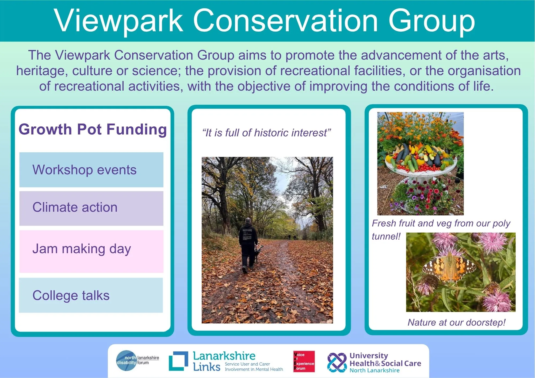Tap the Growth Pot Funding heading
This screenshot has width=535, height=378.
click(x=93, y=129)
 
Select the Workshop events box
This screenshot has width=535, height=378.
click(x=91, y=170)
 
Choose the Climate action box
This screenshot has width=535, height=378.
click(x=91, y=208)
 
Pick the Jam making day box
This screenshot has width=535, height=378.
click(x=91, y=251)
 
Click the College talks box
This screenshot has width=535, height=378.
click(x=91, y=295)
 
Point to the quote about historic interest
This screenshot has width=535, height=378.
click(x=267, y=133)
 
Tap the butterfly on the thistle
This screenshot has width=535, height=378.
click(x=449, y=267)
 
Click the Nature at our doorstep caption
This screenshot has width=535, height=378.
click(x=456, y=322)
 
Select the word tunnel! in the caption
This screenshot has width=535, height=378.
click(x=386, y=236)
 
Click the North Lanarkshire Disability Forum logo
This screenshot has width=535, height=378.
click(x=137, y=360)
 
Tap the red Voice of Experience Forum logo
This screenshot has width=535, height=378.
click(x=304, y=361)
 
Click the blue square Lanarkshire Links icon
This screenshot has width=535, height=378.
click(x=178, y=361)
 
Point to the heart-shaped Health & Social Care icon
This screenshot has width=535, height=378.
click(x=337, y=362)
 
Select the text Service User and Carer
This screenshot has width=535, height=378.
click(x=247, y=364)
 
